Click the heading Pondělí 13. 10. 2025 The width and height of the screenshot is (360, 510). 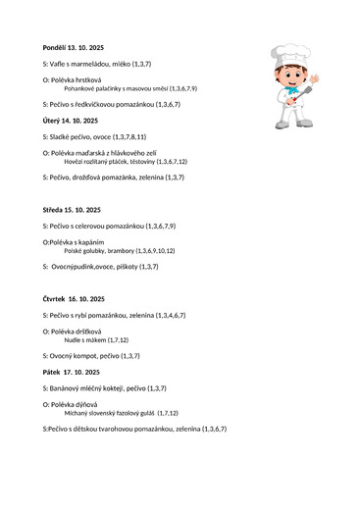tap(72, 47)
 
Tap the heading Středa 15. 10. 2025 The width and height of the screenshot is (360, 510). tap(72, 210)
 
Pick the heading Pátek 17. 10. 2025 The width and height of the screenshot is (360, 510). tap(71, 373)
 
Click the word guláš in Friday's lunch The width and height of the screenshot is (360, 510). tap(145, 414)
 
